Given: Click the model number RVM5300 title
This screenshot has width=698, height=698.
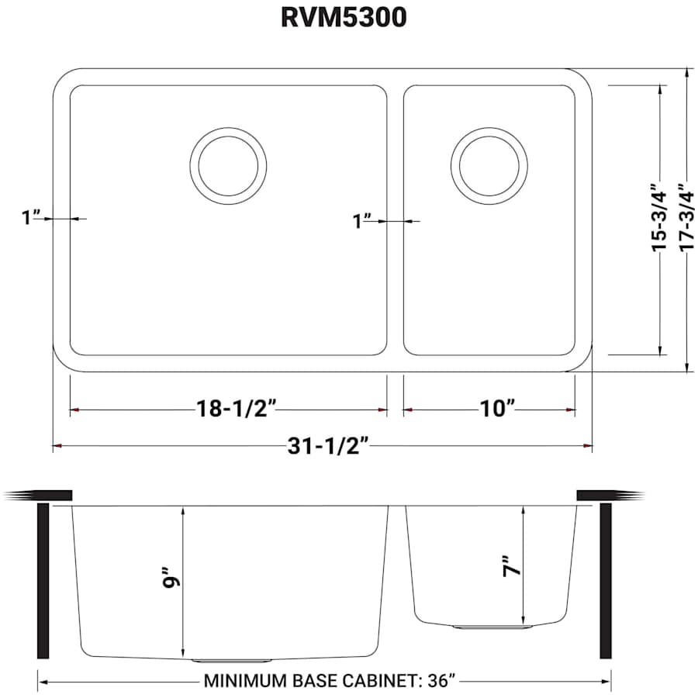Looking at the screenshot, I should coord(343,19).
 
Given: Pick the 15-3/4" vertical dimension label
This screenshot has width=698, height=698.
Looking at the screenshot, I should coord(660,216).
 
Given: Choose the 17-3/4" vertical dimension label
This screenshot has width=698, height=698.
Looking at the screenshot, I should coord(686,216).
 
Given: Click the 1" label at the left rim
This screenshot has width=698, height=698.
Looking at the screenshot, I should coord(31,218).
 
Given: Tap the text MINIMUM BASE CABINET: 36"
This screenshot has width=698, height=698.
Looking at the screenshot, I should coord(328,682).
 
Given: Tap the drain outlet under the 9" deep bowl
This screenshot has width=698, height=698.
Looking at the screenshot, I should coord(231,661).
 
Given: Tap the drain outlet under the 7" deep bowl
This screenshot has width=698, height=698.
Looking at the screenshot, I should coord(492,626).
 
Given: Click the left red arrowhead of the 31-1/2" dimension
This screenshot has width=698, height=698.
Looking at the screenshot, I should coord(57,447).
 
